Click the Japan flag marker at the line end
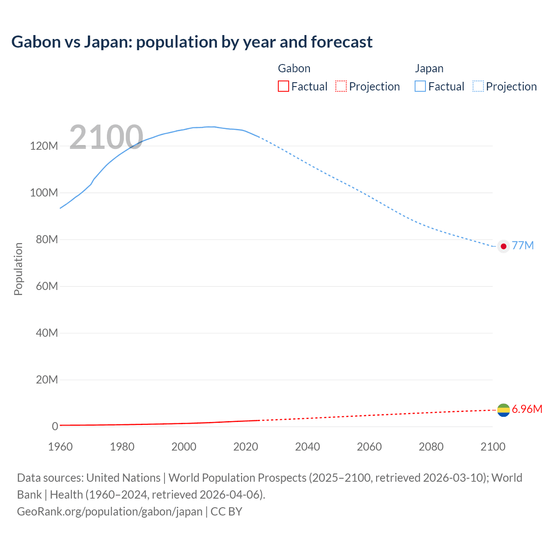(503, 246)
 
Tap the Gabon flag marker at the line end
(503, 410)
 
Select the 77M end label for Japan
(523, 246)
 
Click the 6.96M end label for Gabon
(527, 409)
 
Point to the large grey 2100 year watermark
(106, 137)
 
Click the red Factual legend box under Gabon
(283, 87)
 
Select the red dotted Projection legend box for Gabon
(341, 87)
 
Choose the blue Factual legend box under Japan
(420, 87)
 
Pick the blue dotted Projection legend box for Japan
(478, 87)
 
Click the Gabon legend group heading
(294, 68)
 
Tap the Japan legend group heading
(429, 68)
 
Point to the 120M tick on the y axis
(44, 146)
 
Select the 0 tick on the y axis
(55, 426)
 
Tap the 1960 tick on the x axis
(60, 447)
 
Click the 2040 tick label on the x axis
(307, 447)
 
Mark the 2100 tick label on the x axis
(493, 447)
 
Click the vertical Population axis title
(18, 269)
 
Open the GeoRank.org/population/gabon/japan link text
(110, 512)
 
